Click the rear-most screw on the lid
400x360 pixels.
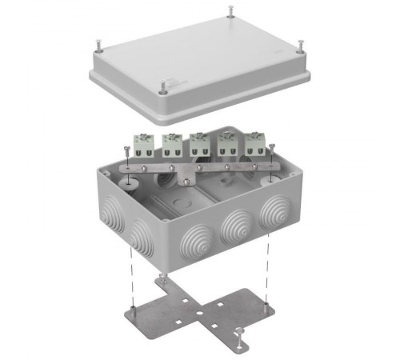[231, 10]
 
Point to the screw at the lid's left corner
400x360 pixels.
[97, 40]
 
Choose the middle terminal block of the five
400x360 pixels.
[198, 144]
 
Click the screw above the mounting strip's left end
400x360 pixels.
[127, 150]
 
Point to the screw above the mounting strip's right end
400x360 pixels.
[272, 148]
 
